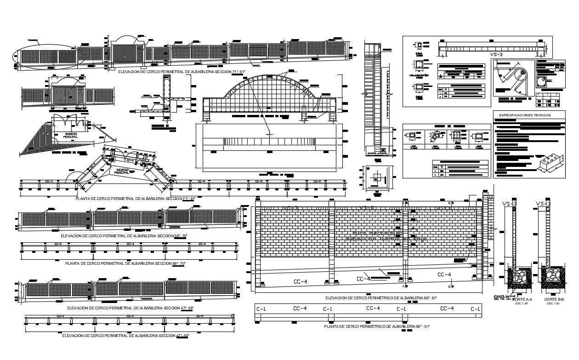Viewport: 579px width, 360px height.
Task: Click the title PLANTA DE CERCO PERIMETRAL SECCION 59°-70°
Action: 125,263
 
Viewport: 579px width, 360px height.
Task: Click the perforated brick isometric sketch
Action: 551,163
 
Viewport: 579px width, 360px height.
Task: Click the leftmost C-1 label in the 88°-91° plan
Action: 261,309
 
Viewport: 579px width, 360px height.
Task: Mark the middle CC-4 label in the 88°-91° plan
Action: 373,308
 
